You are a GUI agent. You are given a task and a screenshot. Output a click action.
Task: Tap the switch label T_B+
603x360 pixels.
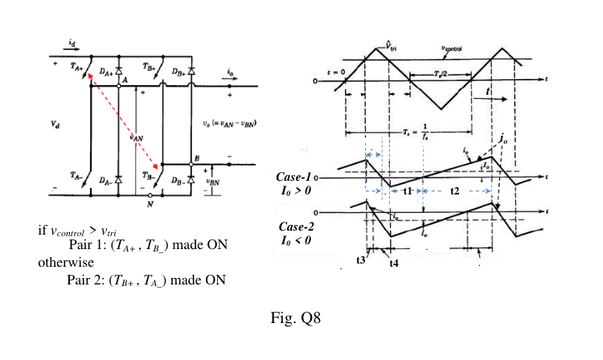148,67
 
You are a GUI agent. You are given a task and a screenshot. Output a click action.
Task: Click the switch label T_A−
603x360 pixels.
76,174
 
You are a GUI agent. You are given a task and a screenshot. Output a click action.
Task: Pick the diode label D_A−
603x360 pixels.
106,182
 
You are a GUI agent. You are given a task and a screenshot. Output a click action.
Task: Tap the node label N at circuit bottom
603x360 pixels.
149,204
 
